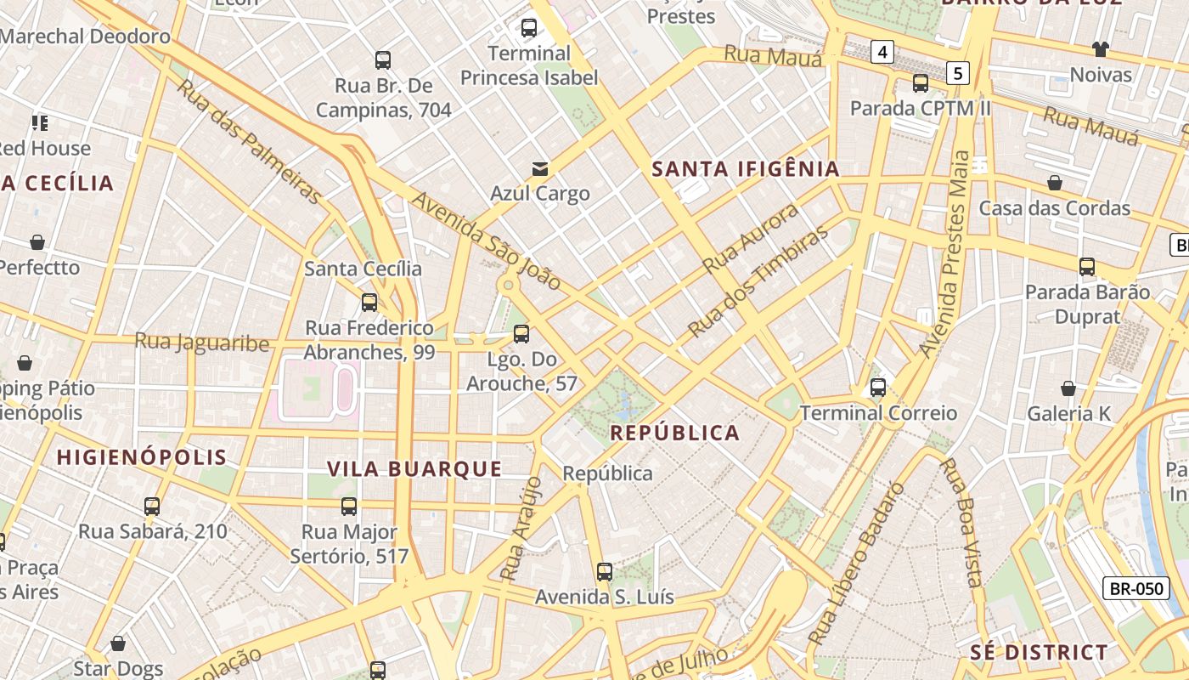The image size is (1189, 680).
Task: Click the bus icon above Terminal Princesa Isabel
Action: (x=529, y=28)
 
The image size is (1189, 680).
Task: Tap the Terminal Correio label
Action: (x=878, y=413)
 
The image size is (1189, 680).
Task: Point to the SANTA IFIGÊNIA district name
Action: (x=746, y=169)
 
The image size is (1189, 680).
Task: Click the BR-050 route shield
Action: (x=1135, y=587)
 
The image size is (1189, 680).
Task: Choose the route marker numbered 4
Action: (x=883, y=53)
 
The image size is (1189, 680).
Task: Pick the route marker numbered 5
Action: (x=958, y=73)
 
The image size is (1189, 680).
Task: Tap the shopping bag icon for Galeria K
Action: (x=1068, y=388)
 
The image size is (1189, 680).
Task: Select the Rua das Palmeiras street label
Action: (x=250, y=141)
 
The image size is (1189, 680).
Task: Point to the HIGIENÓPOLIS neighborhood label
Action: (x=142, y=457)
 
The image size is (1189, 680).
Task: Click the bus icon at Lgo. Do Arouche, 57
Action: (x=521, y=333)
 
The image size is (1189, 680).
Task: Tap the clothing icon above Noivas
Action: (x=1101, y=49)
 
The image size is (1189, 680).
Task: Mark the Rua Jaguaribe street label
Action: (x=201, y=343)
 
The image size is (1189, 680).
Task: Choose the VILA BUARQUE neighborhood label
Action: (x=414, y=468)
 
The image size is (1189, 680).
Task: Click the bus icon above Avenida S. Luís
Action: (x=605, y=571)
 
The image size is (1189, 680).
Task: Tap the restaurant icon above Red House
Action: (x=40, y=123)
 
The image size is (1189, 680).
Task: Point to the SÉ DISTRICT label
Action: (x=1039, y=653)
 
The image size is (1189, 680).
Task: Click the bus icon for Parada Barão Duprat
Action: (x=1087, y=267)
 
